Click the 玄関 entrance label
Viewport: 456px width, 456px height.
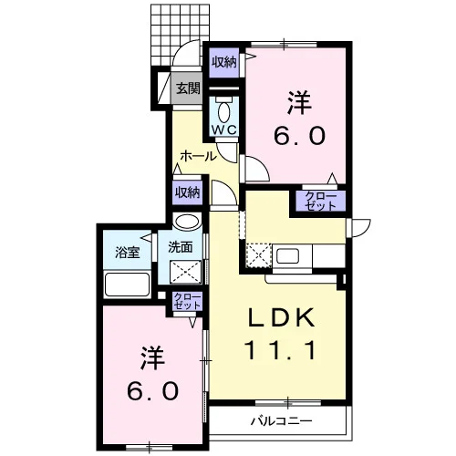pyautogui.click(x=188, y=88)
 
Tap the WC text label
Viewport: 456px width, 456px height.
pyautogui.click(x=224, y=130)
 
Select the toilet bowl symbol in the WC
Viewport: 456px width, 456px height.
pyautogui.click(x=224, y=112)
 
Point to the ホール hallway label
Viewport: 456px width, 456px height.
pyautogui.click(x=198, y=156)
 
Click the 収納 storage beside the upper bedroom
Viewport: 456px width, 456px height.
pyautogui.click(x=224, y=63)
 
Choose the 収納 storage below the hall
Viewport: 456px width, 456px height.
pyautogui.click(x=187, y=192)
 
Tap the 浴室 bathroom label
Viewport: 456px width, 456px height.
pyautogui.click(x=128, y=252)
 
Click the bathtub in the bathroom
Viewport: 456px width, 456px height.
pyautogui.click(x=128, y=284)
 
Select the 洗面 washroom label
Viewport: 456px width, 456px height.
pyautogui.click(x=181, y=247)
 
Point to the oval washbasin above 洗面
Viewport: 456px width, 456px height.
pyautogui.click(x=187, y=221)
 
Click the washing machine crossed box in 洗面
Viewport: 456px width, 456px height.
pyautogui.click(x=185, y=272)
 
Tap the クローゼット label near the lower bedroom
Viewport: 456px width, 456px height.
pyautogui.click(x=187, y=301)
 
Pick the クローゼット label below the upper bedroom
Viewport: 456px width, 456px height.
pyautogui.click(x=321, y=201)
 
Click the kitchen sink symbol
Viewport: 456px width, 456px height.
pyautogui.click(x=287, y=256)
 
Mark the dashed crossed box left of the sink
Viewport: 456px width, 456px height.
pyautogui.click(x=258, y=255)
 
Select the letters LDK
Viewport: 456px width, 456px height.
pyautogui.click(x=282, y=317)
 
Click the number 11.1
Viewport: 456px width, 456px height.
pyautogui.click(x=280, y=350)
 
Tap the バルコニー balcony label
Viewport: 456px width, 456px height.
pyautogui.click(x=282, y=421)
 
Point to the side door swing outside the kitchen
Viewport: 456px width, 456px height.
pyautogui.click(x=361, y=228)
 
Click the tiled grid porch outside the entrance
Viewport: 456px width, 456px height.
pyautogui.click(x=181, y=35)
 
